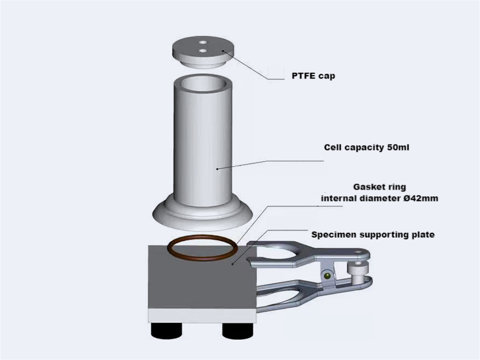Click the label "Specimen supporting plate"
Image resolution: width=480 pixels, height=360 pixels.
(x=373, y=235)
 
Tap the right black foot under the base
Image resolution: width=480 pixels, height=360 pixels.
(x=235, y=331)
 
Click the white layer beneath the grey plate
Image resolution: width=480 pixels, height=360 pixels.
(x=198, y=317)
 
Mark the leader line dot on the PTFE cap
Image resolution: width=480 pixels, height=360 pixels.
(x=226, y=52)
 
